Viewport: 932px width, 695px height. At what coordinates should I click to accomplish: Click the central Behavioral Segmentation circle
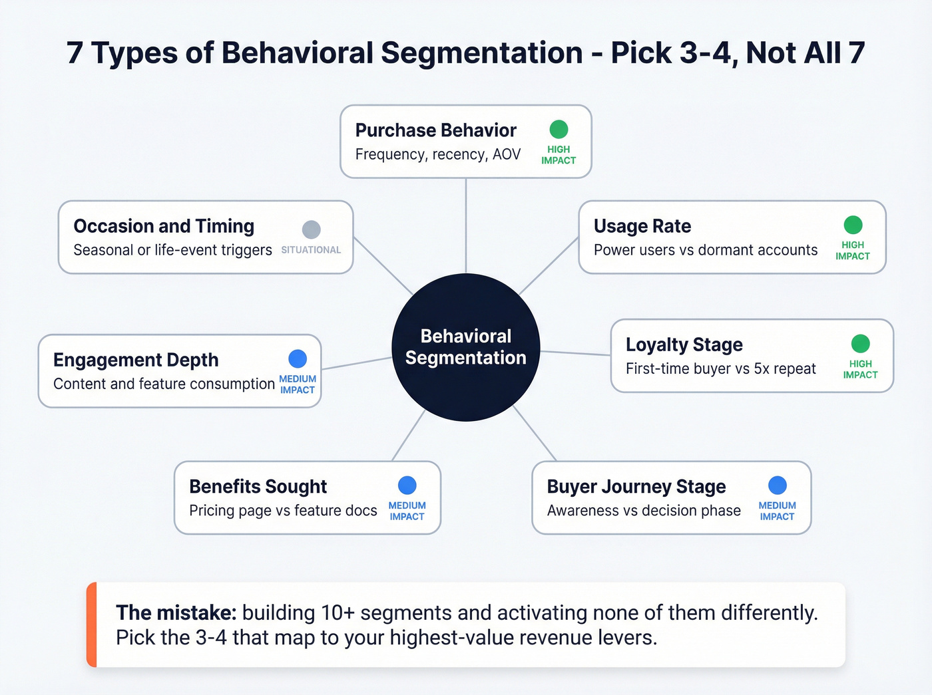pos(466,347)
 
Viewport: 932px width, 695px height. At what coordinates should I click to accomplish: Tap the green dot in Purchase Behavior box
pos(559,130)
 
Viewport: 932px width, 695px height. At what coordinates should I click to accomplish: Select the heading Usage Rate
pos(642,226)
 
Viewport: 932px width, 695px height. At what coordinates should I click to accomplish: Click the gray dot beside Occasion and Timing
pos(311,229)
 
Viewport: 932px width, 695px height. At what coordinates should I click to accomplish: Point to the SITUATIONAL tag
pos(311,250)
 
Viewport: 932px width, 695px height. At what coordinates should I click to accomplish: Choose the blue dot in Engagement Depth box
pos(298,359)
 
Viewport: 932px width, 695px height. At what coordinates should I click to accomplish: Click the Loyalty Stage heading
pos(684,345)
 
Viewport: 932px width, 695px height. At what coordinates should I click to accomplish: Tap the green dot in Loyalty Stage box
pos(860,344)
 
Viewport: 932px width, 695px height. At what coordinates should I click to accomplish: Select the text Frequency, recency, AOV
pos(437,154)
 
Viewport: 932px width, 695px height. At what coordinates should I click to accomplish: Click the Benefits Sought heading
pos(258,486)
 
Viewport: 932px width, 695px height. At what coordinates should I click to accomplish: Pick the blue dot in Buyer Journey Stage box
pos(777,486)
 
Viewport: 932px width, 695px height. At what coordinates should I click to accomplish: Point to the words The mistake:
pos(176,613)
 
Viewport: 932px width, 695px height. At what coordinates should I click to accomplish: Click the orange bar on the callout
pos(92,625)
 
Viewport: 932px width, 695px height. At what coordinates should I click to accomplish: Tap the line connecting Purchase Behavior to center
pos(466,226)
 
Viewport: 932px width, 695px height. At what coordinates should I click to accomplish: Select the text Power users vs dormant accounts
pos(706,250)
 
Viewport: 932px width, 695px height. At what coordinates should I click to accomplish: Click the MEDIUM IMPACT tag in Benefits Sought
pos(407,511)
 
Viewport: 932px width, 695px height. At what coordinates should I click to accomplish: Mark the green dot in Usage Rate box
pos(853,225)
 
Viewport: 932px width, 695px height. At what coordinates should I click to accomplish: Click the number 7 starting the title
pos(75,53)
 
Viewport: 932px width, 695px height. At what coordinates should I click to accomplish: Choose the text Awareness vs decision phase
pos(644,511)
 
